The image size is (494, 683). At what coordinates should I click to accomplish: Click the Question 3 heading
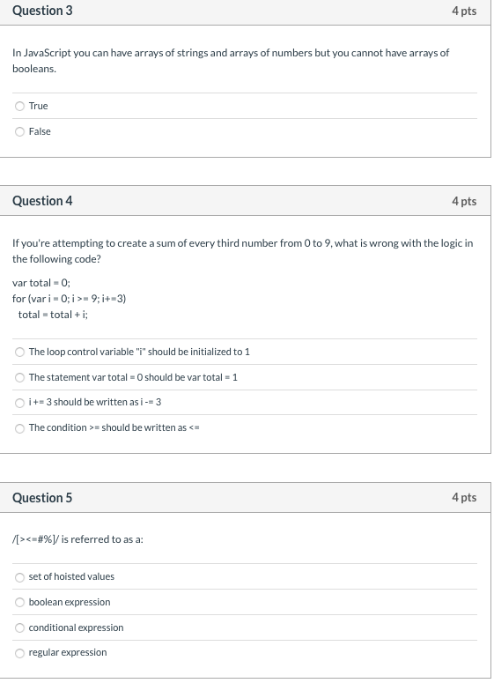pyautogui.click(x=42, y=11)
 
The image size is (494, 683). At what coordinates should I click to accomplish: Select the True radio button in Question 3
pyautogui.click(x=19, y=106)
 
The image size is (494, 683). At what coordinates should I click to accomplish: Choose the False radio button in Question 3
pyautogui.click(x=19, y=131)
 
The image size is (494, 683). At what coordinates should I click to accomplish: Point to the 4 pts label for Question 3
pyautogui.click(x=463, y=11)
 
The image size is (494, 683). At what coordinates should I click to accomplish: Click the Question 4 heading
pyautogui.click(x=42, y=201)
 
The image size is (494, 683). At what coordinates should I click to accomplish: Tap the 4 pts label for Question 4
pyautogui.click(x=463, y=201)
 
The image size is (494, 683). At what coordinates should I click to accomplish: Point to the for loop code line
pyautogui.click(x=70, y=299)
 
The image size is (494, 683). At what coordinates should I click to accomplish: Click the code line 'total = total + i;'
pyautogui.click(x=60, y=315)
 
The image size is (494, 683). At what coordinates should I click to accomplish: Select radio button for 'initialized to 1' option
pyautogui.click(x=19, y=352)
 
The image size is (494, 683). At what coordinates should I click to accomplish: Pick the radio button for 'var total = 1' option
pyautogui.click(x=19, y=377)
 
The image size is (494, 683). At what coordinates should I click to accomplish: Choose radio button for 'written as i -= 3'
pyautogui.click(x=19, y=403)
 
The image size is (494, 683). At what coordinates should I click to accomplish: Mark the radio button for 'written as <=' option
pyautogui.click(x=19, y=427)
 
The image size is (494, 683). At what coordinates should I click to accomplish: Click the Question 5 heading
pyautogui.click(x=42, y=498)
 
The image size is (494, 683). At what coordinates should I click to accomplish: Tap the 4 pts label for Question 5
pyautogui.click(x=463, y=498)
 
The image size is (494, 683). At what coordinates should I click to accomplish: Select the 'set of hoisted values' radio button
pyautogui.click(x=19, y=577)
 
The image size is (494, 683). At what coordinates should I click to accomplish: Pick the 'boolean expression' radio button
pyautogui.click(x=19, y=603)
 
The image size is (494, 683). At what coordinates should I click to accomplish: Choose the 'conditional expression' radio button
pyautogui.click(x=19, y=627)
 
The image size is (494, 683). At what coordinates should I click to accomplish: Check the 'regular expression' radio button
pyautogui.click(x=19, y=653)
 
